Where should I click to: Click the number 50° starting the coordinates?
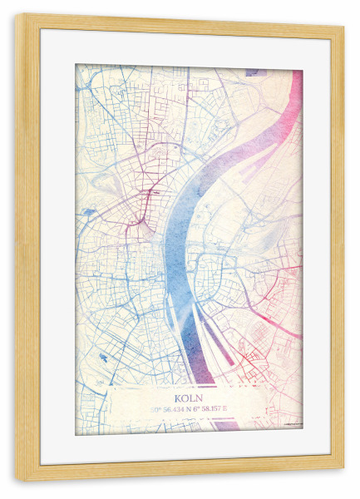pyautogui.click(x=155, y=409)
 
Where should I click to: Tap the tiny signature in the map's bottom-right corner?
pyautogui.click(x=291, y=424)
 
